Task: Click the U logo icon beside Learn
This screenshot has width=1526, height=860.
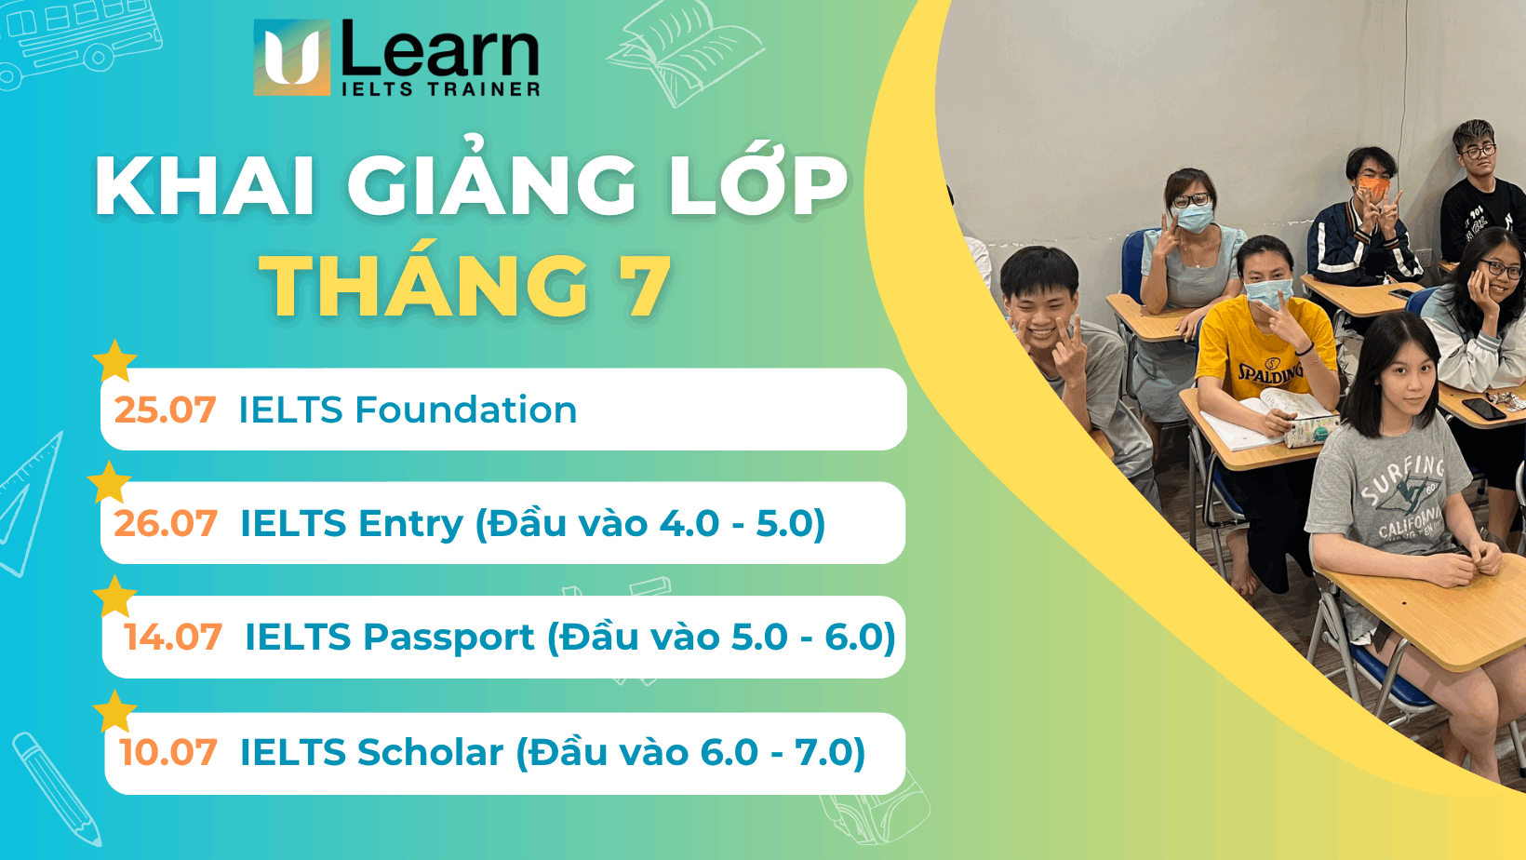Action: (x=292, y=58)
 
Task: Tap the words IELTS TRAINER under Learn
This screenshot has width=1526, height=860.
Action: (x=440, y=89)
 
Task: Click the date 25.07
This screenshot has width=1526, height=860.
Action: (x=165, y=410)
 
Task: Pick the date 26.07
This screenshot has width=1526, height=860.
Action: (x=166, y=523)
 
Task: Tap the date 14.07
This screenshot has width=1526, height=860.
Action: (x=173, y=638)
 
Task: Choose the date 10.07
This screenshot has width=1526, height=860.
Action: (x=168, y=752)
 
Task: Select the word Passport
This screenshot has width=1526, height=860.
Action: (x=448, y=638)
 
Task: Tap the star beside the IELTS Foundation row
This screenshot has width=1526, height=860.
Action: (x=115, y=361)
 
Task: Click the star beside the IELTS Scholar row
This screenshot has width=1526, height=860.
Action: (x=115, y=712)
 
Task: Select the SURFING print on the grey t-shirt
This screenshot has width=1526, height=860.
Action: (x=1402, y=477)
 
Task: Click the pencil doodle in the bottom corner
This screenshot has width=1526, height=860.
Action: (x=56, y=786)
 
